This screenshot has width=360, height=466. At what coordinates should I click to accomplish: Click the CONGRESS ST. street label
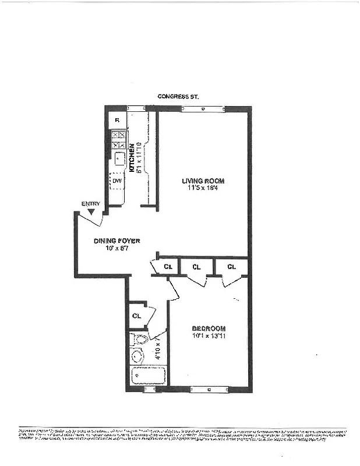pyautogui.click(x=178, y=97)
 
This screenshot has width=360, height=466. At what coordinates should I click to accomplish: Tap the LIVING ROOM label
pyautogui.click(x=203, y=181)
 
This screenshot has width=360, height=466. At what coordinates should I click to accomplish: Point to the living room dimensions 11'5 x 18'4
pyautogui.click(x=203, y=188)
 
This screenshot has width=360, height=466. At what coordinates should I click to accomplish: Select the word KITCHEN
pyautogui.click(x=132, y=157)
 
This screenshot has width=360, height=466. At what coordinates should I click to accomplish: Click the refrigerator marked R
pyautogui.click(x=118, y=120)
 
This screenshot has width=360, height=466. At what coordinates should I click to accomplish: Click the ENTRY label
pyautogui.click(x=91, y=203)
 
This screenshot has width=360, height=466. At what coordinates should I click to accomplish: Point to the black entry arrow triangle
pyautogui.click(x=90, y=211)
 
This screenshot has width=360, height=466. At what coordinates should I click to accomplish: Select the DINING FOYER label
pyautogui.click(x=117, y=241)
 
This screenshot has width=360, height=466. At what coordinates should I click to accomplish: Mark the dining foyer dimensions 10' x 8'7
pyautogui.click(x=117, y=248)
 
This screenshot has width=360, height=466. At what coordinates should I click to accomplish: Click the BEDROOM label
pyautogui.click(x=208, y=329)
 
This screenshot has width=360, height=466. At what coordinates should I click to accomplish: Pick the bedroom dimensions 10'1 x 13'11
pyautogui.click(x=208, y=336)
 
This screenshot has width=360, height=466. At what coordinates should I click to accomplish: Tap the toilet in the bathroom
pyautogui.click(x=140, y=339)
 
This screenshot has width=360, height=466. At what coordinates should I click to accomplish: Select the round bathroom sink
pyautogui.click(x=139, y=356)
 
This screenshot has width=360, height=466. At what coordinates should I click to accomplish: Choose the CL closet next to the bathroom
pyautogui.click(x=137, y=316)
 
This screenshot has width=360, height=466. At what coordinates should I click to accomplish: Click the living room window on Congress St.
pyautogui.click(x=202, y=108)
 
